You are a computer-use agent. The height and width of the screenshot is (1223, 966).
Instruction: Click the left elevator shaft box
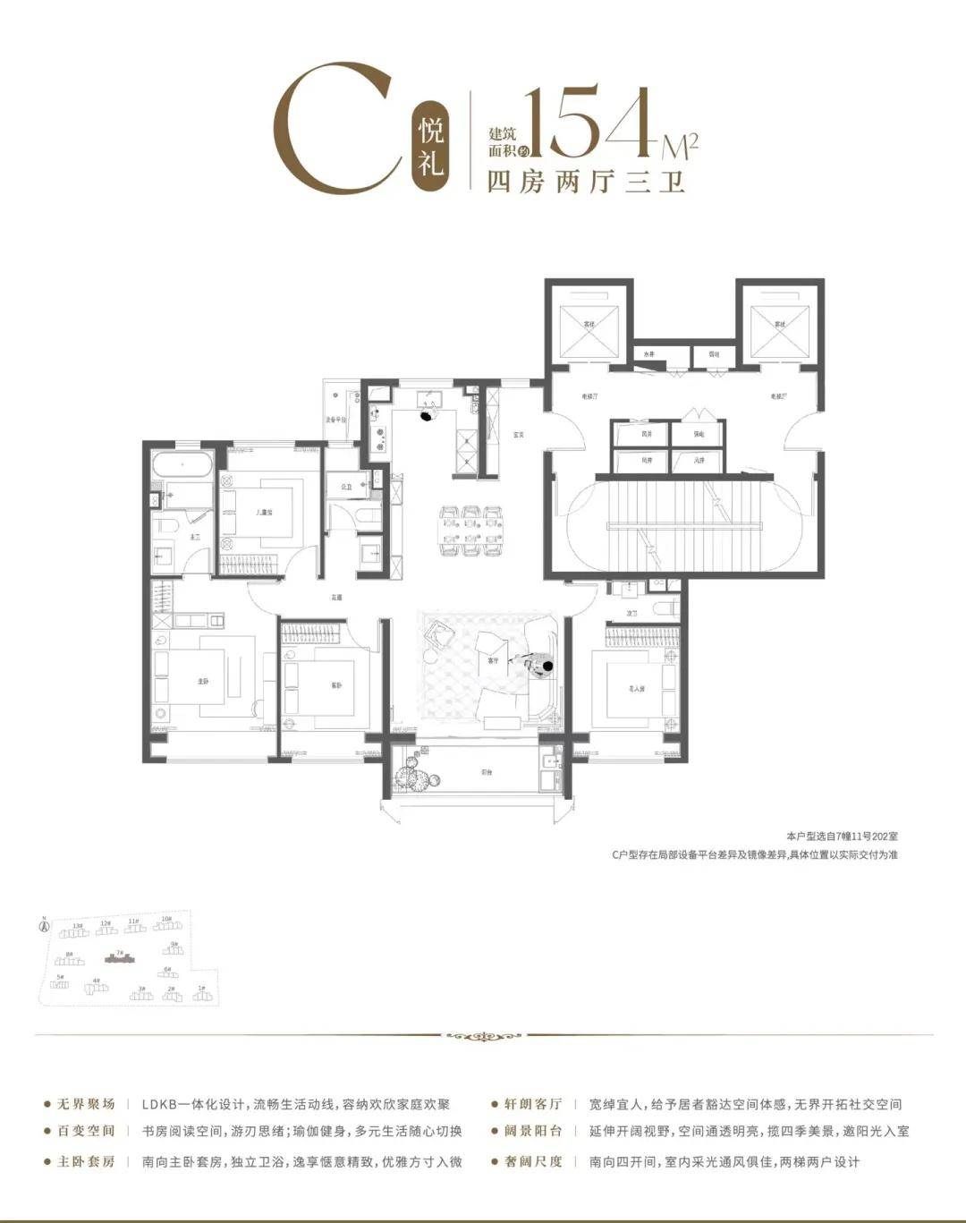point(589,324)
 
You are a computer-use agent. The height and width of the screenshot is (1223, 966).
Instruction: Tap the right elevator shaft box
point(779,324)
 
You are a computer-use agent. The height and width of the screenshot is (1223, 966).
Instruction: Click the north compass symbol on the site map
point(43,925)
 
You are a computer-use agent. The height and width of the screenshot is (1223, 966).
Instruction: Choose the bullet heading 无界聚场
point(80,1104)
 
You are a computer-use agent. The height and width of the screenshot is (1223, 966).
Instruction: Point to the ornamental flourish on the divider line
point(483,1037)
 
